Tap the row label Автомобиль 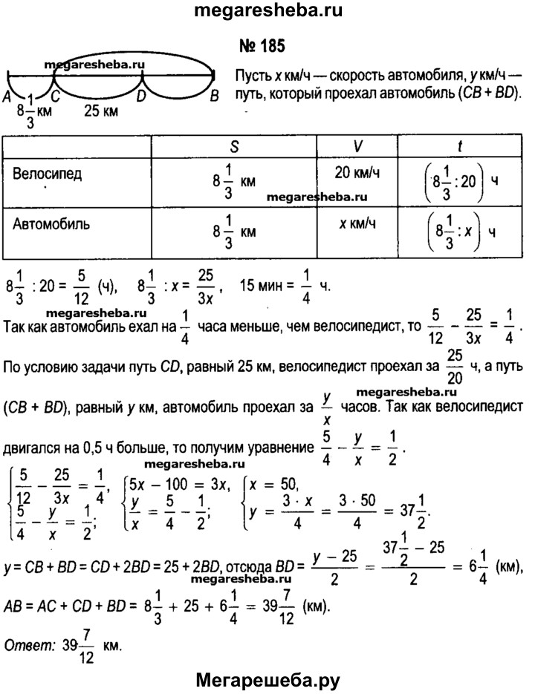tap(52, 221)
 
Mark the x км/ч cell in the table tap(358, 221)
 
